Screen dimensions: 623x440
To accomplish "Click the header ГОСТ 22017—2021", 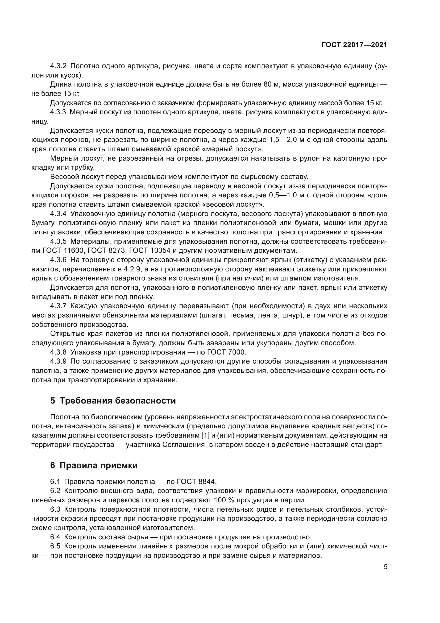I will (354, 45).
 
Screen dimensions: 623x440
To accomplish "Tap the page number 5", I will (385, 567).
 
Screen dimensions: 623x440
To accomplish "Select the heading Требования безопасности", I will (117, 401).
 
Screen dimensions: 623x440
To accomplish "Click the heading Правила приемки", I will (98, 465).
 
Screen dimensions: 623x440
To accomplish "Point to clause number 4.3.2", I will (58, 66).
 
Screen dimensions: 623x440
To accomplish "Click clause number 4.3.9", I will (58, 361).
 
